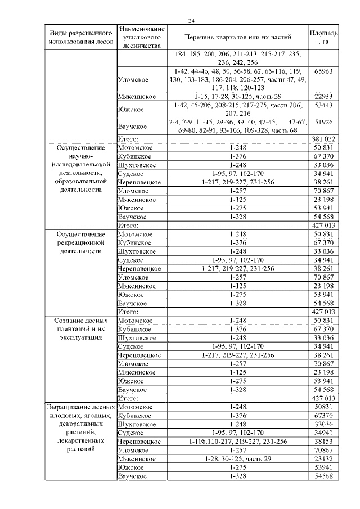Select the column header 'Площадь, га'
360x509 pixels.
(x=323, y=37)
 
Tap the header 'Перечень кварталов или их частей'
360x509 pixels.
(x=238, y=38)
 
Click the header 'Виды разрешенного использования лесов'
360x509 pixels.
(x=80, y=37)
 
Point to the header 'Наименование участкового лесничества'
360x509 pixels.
(x=142, y=37)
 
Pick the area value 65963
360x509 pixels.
(x=323, y=72)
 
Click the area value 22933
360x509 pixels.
(x=323, y=96)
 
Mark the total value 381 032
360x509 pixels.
(x=323, y=138)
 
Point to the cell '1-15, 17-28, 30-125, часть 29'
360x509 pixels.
(x=238, y=96)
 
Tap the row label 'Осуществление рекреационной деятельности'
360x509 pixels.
(x=80, y=242)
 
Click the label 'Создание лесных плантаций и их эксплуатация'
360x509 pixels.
(x=80, y=329)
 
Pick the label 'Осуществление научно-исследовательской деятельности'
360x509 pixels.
(x=80, y=168)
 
